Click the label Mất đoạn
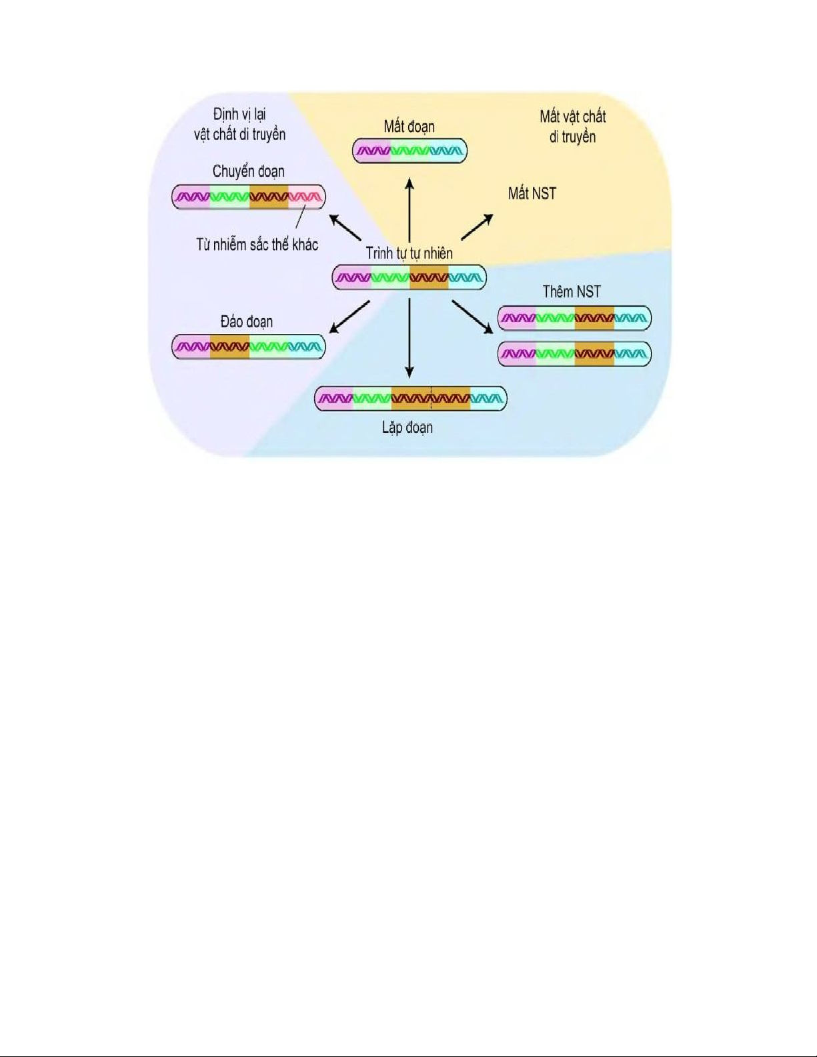pyautogui.click(x=409, y=127)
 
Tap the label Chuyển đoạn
pyautogui.click(x=248, y=171)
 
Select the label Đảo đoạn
pyautogui.click(x=246, y=321)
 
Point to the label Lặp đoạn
pyautogui.click(x=407, y=427)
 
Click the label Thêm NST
pyautogui.click(x=571, y=291)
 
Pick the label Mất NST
pyautogui.click(x=532, y=193)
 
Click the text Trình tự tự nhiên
pyautogui.click(x=409, y=253)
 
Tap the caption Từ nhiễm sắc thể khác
pyautogui.click(x=257, y=245)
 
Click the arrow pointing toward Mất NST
pyautogui.click(x=477, y=227)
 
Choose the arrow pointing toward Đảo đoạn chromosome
pyautogui.click(x=350, y=316)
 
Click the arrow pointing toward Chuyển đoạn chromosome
pyautogui.click(x=345, y=227)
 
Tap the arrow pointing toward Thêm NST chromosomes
pyautogui.click(x=472, y=315)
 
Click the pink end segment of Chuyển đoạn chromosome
pyautogui.click(x=306, y=197)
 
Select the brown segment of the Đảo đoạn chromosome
pyautogui.click(x=229, y=347)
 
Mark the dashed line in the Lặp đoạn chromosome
pyautogui.click(x=431, y=399)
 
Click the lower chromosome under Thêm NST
pyautogui.click(x=574, y=353)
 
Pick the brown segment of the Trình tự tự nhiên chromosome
pyautogui.click(x=429, y=277)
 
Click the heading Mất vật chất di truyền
pyautogui.click(x=572, y=127)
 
